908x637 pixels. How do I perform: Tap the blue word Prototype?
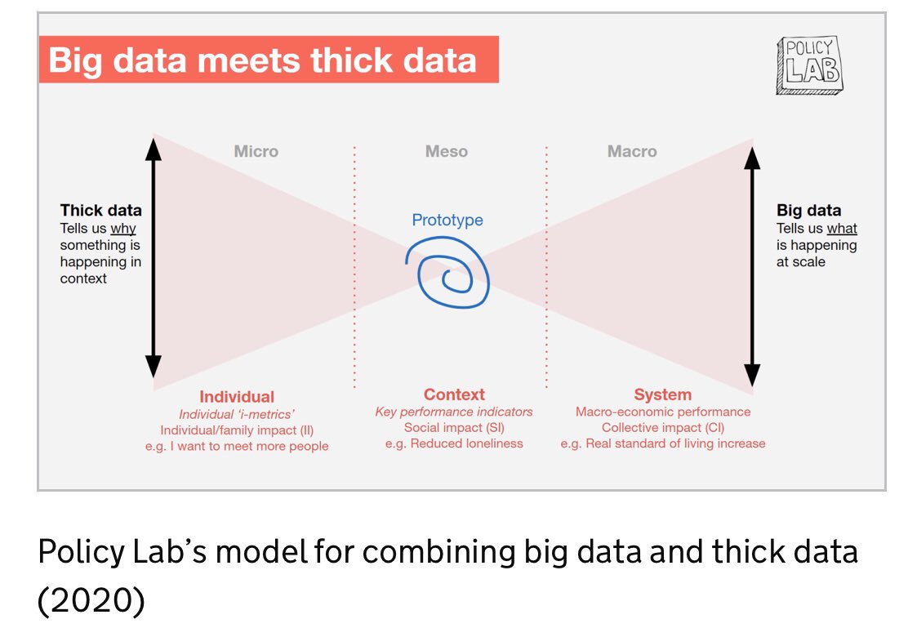[x=447, y=220]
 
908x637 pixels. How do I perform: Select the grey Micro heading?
[x=256, y=151]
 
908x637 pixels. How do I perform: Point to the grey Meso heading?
[x=447, y=151]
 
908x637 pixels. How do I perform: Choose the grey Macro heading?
[x=632, y=151]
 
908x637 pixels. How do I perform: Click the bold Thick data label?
[x=100, y=211]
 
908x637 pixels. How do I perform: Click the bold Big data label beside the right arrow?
[x=808, y=211]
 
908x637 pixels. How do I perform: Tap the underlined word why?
[x=123, y=229]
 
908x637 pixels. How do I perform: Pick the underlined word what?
[x=842, y=229]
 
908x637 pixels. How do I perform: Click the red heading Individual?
[x=237, y=397]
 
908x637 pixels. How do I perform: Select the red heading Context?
[x=454, y=394]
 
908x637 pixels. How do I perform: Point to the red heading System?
[x=662, y=394]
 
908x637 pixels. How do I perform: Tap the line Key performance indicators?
[x=454, y=412]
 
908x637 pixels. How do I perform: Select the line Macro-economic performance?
[x=662, y=412]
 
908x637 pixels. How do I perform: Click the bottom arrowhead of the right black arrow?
[x=753, y=376]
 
